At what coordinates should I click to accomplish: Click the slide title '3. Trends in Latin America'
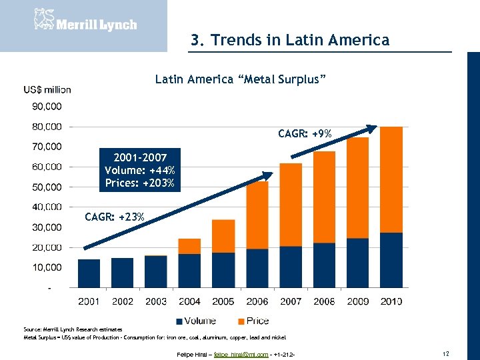[x=289, y=40]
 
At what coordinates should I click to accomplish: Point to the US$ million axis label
[x=47, y=90]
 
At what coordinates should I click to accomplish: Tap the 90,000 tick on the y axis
[x=47, y=106]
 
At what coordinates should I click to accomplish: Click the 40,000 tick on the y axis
[x=47, y=207]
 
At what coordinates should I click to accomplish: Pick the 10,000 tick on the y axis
[x=47, y=267]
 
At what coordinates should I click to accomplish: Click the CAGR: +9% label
[x=305, y=135]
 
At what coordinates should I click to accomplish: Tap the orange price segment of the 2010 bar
[x=391, y=179]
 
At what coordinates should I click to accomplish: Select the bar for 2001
[x=89, y=273]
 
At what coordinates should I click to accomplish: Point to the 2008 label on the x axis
[x=324, y=301]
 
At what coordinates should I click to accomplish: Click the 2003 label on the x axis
[x=156, y=301]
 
